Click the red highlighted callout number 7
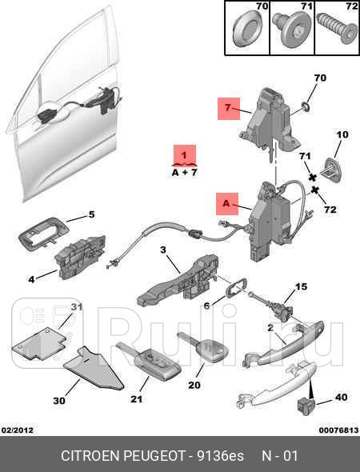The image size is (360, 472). [229, 108]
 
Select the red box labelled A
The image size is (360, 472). [227, 204]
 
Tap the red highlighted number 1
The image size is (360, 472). [185, 155]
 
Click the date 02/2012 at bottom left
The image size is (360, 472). [18, 430]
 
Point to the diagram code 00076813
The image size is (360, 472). [338, 430]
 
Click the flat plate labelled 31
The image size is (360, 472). [40, 343]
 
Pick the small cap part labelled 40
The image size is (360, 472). [304, 404]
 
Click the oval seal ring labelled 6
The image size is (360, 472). [236, 288]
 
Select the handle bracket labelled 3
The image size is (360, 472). [178, 281]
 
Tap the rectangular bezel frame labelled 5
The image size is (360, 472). [44, 233]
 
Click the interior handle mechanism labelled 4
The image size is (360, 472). [80, 257]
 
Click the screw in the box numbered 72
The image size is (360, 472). [336, 30]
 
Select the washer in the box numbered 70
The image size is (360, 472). [247, 29]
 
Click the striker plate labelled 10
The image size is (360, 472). [332, 170]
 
